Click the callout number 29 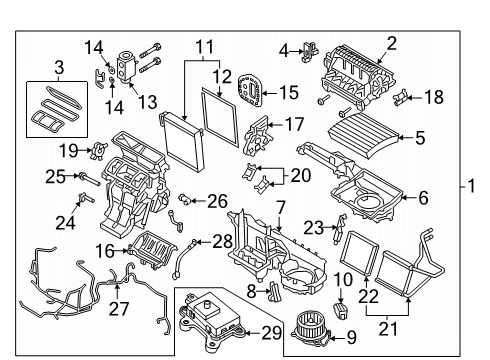tap(272, 333)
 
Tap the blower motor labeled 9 tap(309, 328)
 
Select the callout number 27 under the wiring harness tap(119, 308)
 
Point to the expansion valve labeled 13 tap(124, 66)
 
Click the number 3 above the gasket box tap(59, 67)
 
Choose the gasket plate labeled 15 tap(250, 91)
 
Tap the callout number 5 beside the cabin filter tap(420, 137)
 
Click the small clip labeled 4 tap(310, 52)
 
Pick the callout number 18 tap(434, 97)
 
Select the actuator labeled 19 tap(99, 151)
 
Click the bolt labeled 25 tap(89, 179)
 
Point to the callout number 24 tap(65, 223)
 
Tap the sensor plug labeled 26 tap(184, 199)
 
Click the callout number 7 tap(281, 208)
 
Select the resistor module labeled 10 tap(340, 310)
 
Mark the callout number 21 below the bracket tap(388, 329)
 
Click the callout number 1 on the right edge tap(471, 186)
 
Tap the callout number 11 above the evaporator tap(204, 47)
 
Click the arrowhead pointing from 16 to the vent tap(127, 251)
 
